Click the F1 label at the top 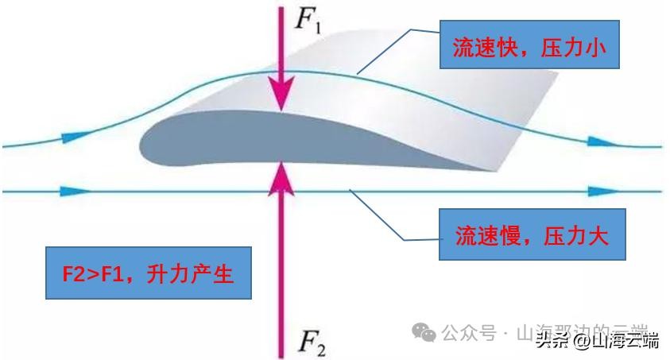[x=308, y=18]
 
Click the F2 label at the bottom [x=310, y=344]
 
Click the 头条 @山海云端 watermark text [x=597, y=342]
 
